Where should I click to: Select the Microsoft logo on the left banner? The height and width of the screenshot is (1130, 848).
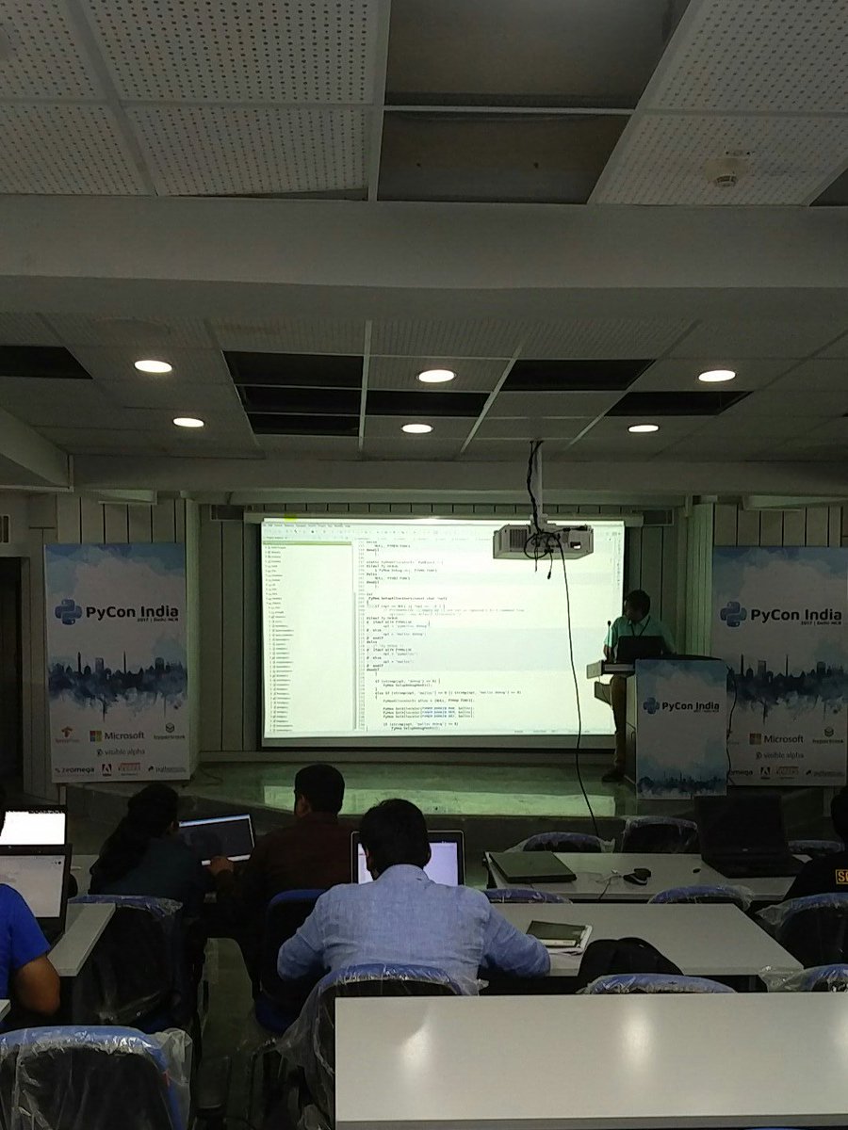(117, 735)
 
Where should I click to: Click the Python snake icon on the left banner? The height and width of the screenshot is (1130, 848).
(68, 612)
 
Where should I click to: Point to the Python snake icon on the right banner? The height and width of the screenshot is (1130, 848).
(733, 614)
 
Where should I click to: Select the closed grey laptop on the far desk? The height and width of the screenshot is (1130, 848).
(531, 866)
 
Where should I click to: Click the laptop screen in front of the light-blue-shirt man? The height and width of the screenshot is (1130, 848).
(443, 859)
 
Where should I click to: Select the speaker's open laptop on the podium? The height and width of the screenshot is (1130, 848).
(641, 649)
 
